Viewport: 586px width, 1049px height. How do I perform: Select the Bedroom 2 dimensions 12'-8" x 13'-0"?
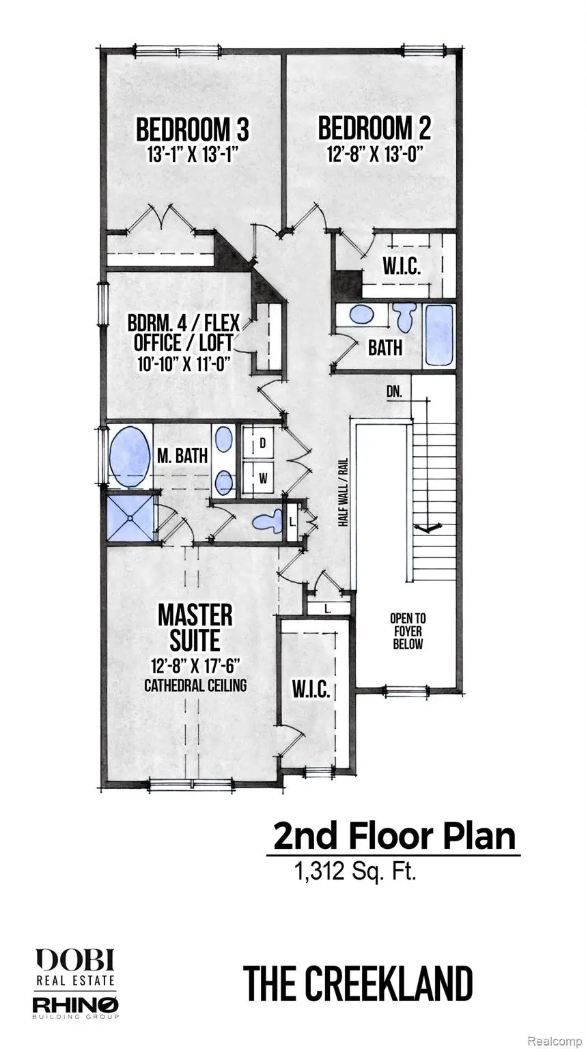coord(374,154)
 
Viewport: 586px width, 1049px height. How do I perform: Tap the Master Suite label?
coord(195,627)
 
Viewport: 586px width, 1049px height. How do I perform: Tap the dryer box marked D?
coord(262,443)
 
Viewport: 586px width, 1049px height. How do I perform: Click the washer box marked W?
coord(262,477)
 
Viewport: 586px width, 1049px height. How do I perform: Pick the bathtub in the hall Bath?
coord(438,335)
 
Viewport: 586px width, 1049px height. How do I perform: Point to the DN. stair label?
coord(393,392)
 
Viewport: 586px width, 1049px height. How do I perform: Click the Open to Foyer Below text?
coord(407,630)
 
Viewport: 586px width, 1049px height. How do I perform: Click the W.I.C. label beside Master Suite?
coord(312,690)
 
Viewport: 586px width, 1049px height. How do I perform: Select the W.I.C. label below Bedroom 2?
coord(401,266)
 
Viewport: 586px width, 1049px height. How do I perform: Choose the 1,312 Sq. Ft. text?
coord(354,871)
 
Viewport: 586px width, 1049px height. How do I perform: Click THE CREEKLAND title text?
coord(358,983)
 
